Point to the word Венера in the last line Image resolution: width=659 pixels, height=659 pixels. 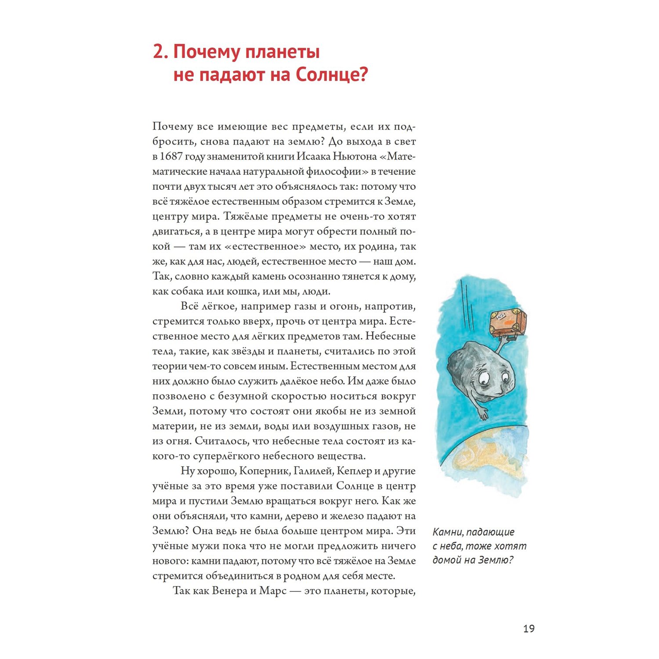[x=229, y=591]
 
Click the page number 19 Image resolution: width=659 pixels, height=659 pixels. [x=529, y=629]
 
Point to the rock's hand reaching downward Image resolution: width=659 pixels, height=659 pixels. [x=482, y=413]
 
